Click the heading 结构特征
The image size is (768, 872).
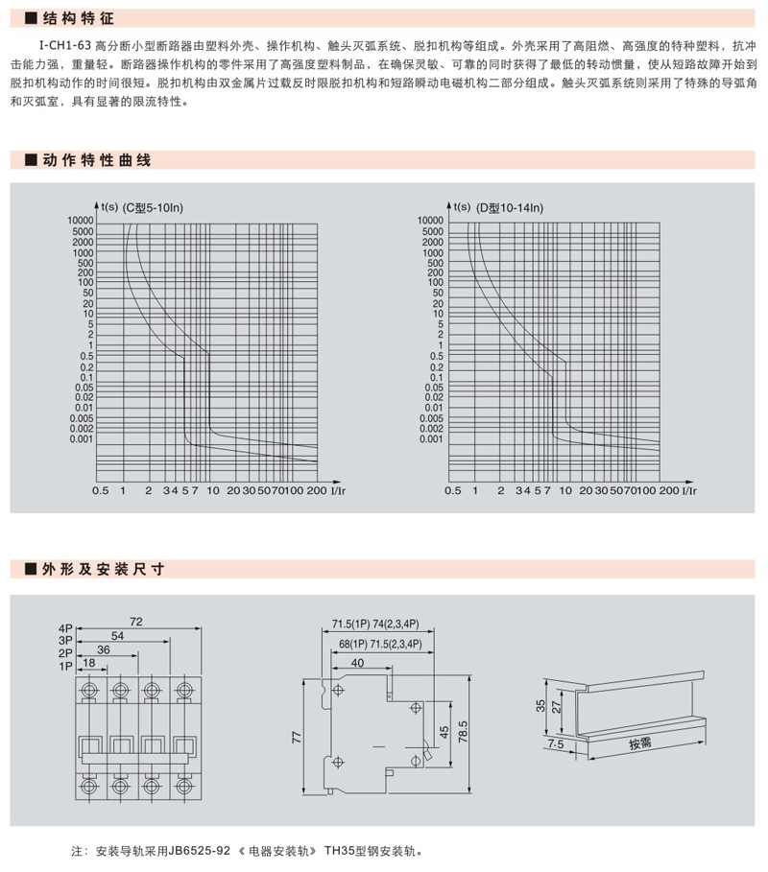71,17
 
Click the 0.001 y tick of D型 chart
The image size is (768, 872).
431,439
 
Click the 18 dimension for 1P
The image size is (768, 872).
89,664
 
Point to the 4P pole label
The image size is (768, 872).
66,625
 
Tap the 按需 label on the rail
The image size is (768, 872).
640,743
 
